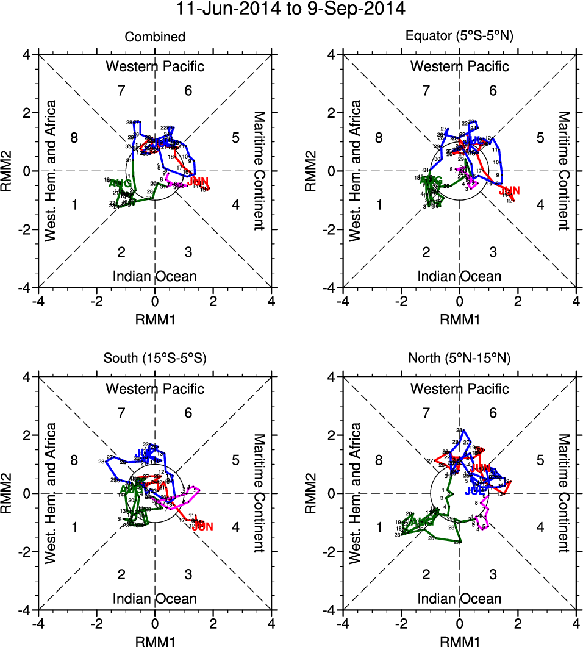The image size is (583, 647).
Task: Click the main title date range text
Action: click(x=291, y=10)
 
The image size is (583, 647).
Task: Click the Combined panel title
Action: click(x=155, y=37)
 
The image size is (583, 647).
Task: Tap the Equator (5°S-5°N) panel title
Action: click(x=460, y=37)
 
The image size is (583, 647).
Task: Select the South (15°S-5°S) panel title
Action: click(x=155, y=359)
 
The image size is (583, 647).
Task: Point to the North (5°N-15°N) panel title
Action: click(x=460, y=359)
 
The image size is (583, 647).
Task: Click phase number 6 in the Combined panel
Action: click(x=188, y=91)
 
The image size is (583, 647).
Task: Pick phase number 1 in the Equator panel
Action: click(x=379, y=205)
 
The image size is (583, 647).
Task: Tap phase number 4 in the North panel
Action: click(x=540, y=527)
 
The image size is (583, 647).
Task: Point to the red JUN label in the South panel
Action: click(x=202, y=526)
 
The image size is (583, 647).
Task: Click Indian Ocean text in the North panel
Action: click(x=460, y=599)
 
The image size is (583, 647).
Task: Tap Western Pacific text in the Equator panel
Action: click(x=460, y=66)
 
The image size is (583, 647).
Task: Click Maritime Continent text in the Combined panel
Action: click(x=259, y=171)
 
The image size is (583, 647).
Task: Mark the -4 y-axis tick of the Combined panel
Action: click(x=29, y=287)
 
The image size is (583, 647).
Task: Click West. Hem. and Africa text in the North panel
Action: click(x=356, y=493)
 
